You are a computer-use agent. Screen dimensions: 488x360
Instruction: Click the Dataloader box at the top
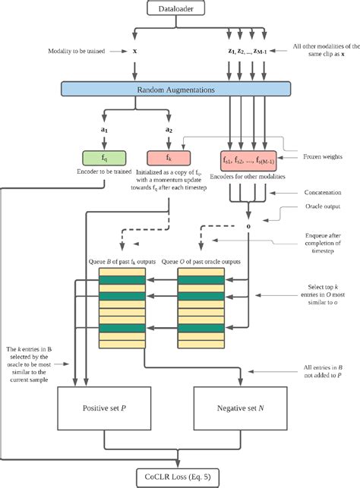(x=180, y=8)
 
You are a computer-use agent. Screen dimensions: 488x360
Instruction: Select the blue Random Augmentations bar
(x=180, y=90)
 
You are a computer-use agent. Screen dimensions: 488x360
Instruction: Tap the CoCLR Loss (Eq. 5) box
(x=180, y=477)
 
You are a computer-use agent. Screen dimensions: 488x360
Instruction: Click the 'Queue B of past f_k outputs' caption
(x=127, y=262)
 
